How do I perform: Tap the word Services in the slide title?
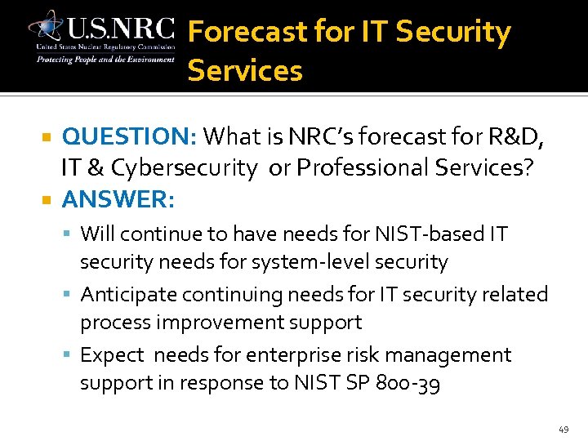tap(245, 71)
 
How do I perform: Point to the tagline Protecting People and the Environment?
tap(105, 59)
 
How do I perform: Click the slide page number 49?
tap(563, 429)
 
